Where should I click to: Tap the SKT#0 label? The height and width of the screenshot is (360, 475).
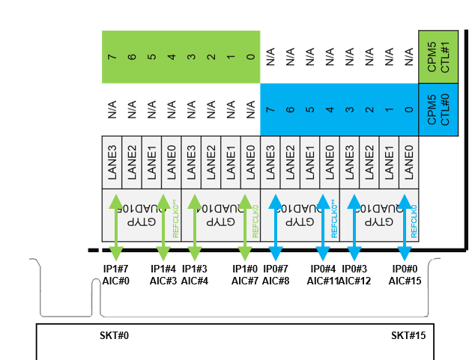[115, 335]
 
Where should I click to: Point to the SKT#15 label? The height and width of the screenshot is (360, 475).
[408, 335]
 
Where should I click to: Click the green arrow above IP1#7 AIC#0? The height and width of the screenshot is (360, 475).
[115, 227]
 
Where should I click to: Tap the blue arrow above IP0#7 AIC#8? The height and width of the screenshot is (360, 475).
[275, 227]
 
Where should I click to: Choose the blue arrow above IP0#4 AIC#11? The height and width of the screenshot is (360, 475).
[324, 227]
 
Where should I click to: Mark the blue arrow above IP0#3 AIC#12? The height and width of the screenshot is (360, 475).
[354, 227]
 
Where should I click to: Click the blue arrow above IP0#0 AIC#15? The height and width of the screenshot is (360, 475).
[405, 227]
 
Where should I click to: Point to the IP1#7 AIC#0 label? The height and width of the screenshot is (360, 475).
[115, 275]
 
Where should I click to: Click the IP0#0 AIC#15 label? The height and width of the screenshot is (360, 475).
[404, 275]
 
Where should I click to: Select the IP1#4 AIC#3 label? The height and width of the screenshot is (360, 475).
[163, 275]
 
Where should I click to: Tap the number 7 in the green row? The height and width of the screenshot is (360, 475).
[112, 56]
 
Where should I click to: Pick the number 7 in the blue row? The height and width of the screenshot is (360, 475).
[270, 109]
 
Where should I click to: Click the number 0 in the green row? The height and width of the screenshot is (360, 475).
[250, 56]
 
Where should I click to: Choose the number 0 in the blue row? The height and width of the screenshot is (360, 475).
[408, 109]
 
